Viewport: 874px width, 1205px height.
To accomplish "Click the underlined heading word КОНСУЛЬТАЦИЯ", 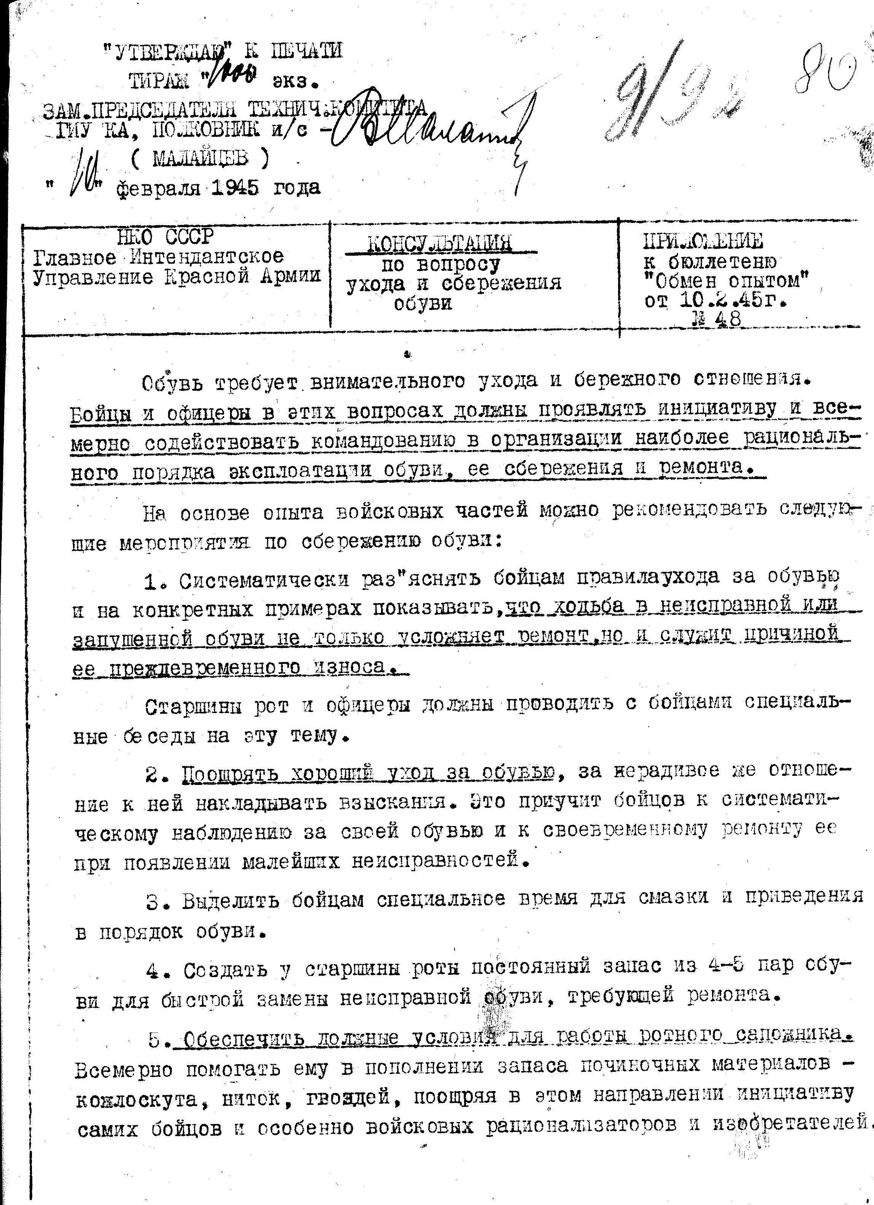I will [x=440, y=244].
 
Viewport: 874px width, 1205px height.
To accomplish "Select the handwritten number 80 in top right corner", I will [x=826, y=74].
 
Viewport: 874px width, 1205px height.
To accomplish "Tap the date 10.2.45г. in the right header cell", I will [x=733, y=301].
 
